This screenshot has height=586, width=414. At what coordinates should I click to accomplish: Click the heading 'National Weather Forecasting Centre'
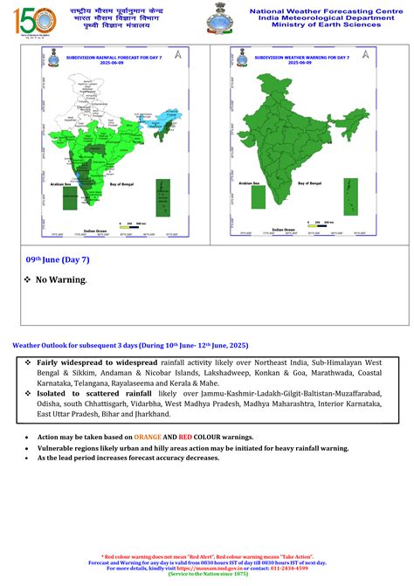pyautogui.click(x=323, y=11)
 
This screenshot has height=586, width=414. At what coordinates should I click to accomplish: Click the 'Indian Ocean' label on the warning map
pyautogui.click(x=283, y=231)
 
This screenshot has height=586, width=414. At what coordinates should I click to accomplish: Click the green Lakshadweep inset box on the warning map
pyautogui.click(x=258, y=196)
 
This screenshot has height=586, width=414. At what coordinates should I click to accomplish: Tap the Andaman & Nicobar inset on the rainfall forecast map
pyautogui.click(x=162, y=197)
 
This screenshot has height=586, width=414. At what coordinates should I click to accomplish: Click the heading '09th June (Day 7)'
pyautogui.click(x=58, y=260)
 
